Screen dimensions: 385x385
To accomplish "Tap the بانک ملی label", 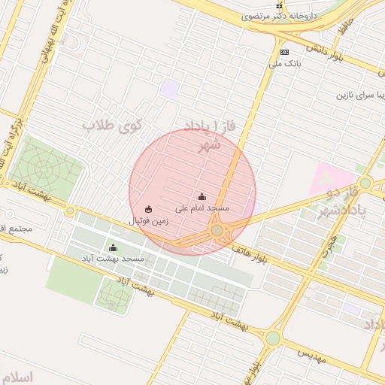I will tap(286, 64).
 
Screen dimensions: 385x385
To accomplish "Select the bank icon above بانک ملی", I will tap(284, 52).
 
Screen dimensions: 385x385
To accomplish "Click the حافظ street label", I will tap(344, 28).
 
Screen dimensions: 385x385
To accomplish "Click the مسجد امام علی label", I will tap(202, 208).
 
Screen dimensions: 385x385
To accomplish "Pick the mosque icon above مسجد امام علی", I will tap(201, 196).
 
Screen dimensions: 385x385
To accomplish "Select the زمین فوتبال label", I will tap(148, 221).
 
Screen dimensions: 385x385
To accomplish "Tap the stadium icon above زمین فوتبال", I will tap(148, 209).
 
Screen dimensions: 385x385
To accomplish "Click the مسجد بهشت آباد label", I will tap(114, 259).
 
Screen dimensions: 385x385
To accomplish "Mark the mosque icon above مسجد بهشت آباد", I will tap(114, 247).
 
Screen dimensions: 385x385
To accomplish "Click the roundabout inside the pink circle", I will tap(217, 230).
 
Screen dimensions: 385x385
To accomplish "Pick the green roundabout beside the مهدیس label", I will tap(273, 338).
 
